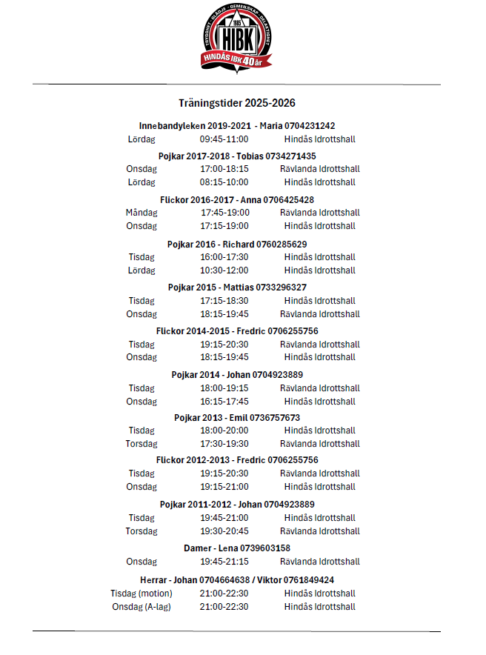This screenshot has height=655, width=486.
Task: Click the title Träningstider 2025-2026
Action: [236, 103]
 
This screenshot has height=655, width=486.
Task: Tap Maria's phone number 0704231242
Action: [304, 126]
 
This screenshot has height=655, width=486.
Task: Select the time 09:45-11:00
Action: [224, 139]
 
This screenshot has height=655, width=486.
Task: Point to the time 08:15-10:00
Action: [224, 182]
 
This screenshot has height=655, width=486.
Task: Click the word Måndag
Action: [141, 213]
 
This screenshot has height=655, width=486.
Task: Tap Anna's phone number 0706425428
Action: [288, 200]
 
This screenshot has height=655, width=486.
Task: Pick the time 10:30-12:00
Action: [224, 270]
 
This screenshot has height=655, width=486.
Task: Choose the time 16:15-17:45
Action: [224, 402]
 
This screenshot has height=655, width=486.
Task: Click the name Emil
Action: [236, 418]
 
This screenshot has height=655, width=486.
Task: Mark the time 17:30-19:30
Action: [224, 444]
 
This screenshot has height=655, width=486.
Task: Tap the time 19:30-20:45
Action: [224, 531]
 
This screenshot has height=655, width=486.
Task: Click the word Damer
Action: [198, 548]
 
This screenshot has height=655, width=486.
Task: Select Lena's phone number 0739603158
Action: [263, 548]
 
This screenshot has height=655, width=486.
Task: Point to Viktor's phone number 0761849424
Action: [307, 579]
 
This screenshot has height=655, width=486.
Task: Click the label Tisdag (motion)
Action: [141, 594]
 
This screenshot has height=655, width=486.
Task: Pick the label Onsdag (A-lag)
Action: [141, 607]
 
